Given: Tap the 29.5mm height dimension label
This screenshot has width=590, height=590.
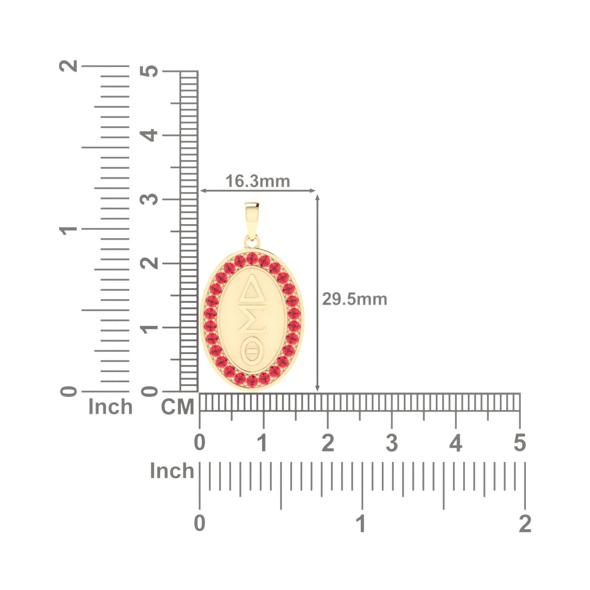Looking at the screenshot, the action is tap(354, 299).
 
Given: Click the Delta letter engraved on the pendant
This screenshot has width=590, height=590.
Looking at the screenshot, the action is tap(252, 288).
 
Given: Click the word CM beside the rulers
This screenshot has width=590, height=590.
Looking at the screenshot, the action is tap(177, 407).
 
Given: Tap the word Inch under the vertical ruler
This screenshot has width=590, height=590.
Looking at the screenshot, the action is tap(110, 407).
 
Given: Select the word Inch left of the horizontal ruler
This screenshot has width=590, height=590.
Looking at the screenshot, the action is tap(172, 470).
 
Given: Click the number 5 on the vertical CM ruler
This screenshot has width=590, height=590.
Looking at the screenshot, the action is tap(149, 71).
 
